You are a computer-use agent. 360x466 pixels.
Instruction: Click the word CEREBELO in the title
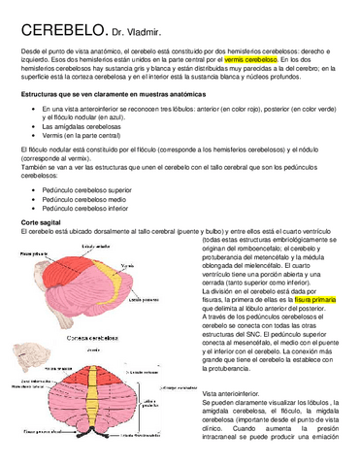[x=52, y=31]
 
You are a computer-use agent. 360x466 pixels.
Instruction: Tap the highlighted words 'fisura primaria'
[x=314, y=302]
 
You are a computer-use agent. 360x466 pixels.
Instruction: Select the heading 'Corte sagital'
[x=41, y=222]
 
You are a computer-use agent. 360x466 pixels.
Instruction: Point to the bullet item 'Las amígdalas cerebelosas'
[x=82, y=128]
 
